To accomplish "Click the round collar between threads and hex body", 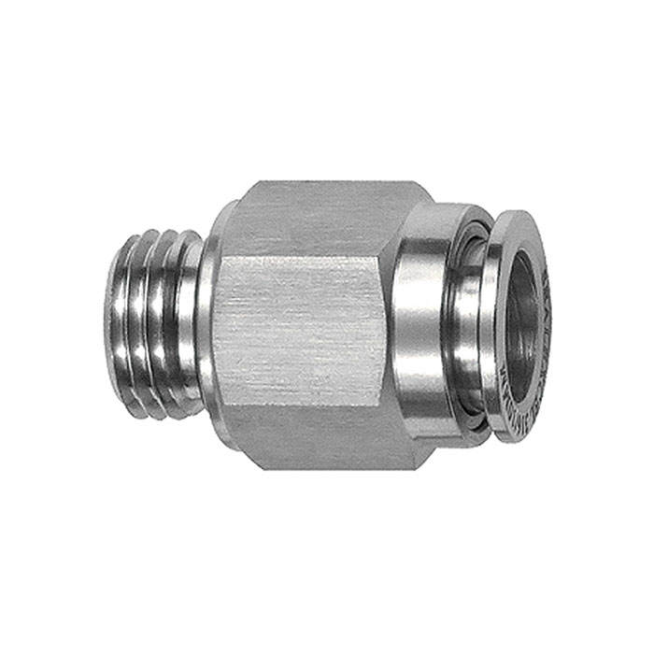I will [211, 322].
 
